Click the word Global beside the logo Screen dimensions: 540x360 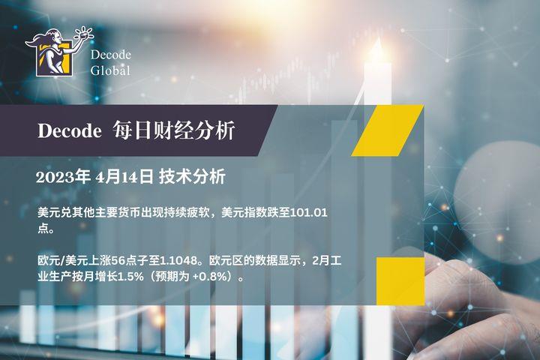[x=110, y=70]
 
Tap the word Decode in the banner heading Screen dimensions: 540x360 [x=70, y=131]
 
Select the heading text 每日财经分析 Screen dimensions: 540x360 [x=174, y=130]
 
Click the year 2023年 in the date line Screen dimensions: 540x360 [x=63, y=177]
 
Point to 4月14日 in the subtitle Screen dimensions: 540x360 [x=124, y=177]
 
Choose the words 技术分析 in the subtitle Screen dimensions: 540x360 [x=192, y=177]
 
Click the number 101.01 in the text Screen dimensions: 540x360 [x=308, y=212]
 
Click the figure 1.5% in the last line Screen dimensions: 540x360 [x=130, y=277]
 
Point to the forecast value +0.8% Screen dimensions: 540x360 [x=211, y=277]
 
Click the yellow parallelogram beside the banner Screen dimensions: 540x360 [x=388, y=130]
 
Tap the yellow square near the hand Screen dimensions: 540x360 [x=400, y=281]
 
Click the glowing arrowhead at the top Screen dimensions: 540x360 [x=377, y=46]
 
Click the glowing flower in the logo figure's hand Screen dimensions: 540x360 [x=84, y=34]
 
